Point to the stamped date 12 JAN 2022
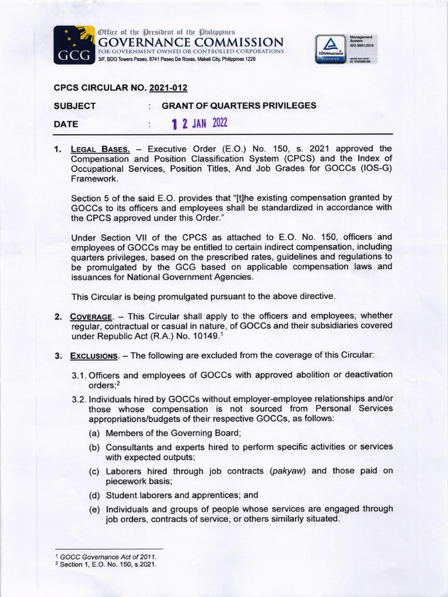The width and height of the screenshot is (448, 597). tap(198, 123)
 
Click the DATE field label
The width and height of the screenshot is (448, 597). tap(65, 124)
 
